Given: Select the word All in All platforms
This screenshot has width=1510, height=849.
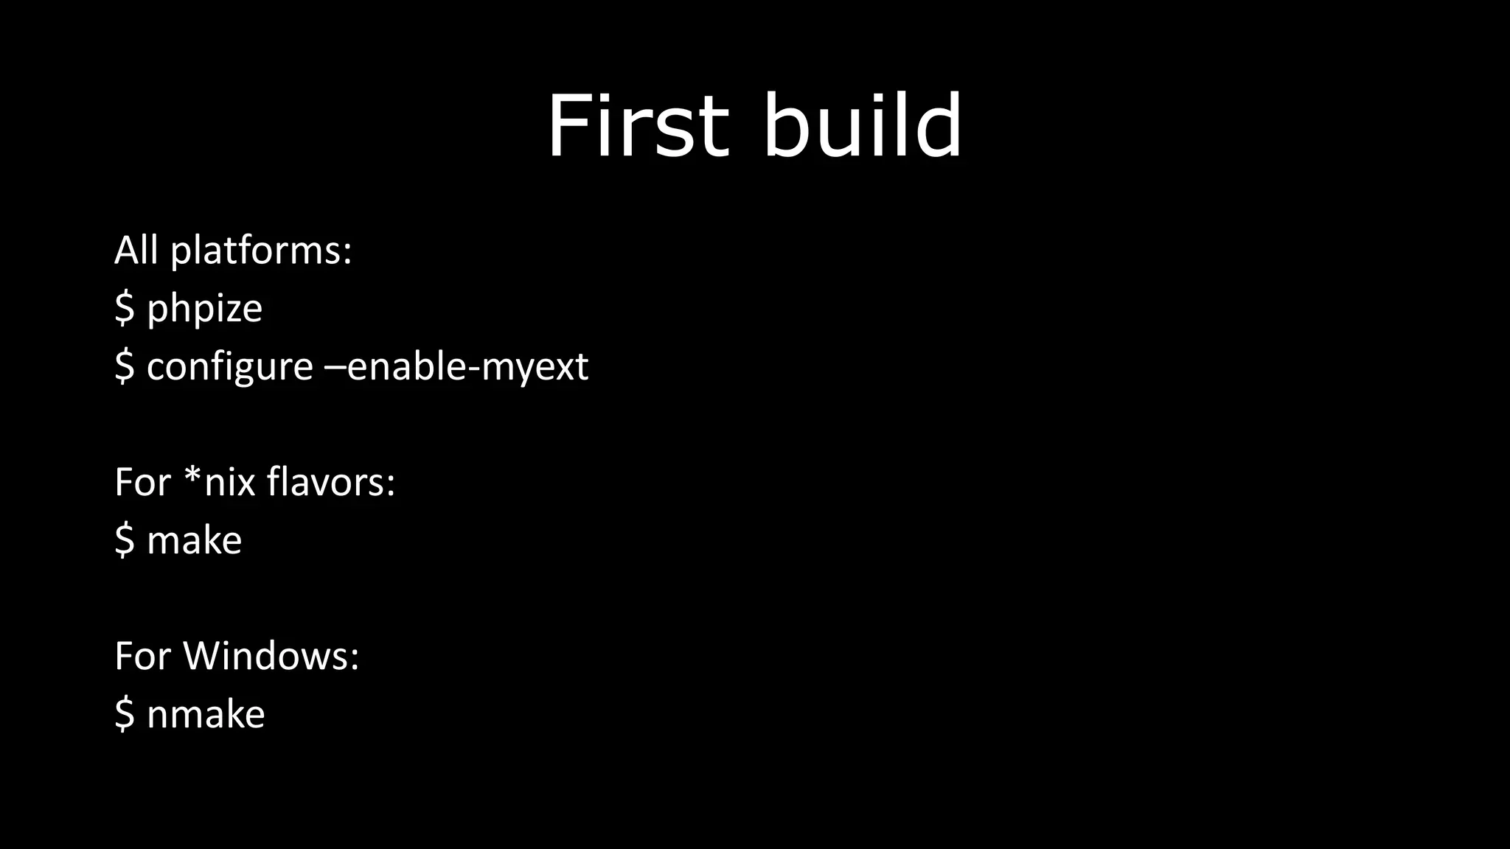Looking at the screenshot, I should (136, 250).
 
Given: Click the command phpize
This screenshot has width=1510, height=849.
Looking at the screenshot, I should (204, 309).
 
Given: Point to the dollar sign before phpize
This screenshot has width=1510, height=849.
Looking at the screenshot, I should (124, 308).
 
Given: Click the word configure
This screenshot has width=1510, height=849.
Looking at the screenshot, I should (229, 367).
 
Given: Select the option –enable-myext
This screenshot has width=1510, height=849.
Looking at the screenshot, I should (456, 366).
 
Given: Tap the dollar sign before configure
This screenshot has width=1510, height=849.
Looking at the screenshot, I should (124, 366).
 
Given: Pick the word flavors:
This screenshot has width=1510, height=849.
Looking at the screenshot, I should (330, 482).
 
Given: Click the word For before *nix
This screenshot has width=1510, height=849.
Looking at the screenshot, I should (142, 482).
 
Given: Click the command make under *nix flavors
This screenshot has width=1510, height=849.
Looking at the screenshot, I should (194, 540).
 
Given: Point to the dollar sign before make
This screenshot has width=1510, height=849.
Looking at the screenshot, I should (124, 539).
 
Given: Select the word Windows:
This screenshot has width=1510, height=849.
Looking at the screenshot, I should (271, 655).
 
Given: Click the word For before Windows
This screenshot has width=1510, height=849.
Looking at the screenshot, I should (142, 655).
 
